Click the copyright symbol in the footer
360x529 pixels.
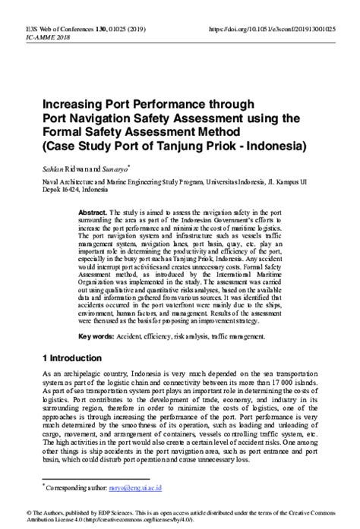coord(7,512)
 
